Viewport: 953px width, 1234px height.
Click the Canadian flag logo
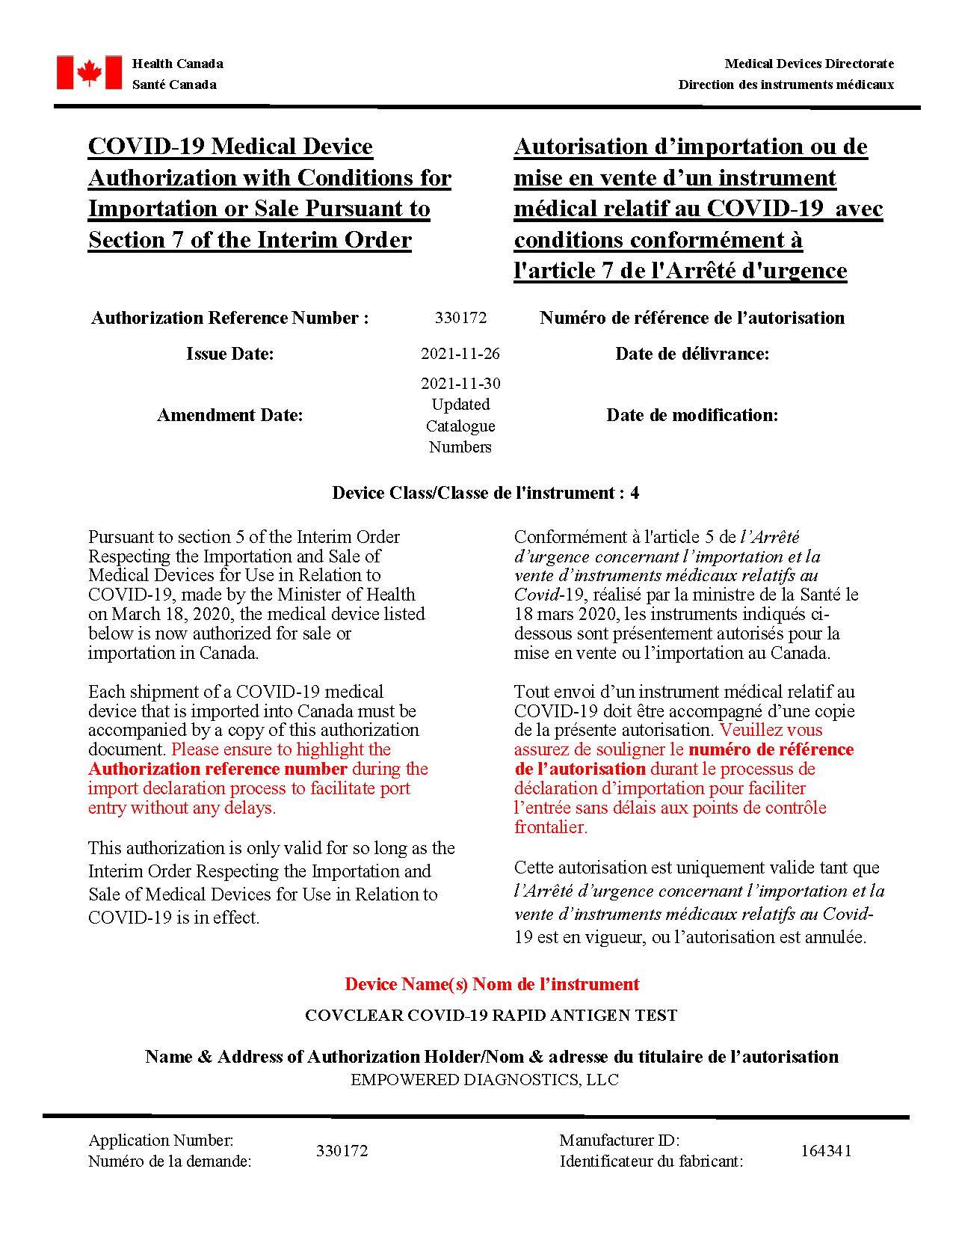click(89, 73)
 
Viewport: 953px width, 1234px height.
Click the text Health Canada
click(177, 64)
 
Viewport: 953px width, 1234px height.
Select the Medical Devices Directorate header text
click(809, 64)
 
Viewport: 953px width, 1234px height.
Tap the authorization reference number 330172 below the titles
click(460, 318)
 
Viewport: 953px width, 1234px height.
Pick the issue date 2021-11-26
click(460, 354)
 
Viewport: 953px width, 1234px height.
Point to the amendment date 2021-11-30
click(460, 384)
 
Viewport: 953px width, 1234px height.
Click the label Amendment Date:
click(229, 415)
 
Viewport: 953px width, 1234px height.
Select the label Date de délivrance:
click(692, 354)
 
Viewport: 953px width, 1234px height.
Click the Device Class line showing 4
click(485, 493)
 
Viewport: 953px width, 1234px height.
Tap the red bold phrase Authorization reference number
click(218, 769)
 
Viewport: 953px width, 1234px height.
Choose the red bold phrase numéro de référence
click(771, 749)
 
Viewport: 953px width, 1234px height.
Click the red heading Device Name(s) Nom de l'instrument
click(491, 984)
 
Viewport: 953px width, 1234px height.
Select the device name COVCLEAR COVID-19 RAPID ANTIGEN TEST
click(491, 1016)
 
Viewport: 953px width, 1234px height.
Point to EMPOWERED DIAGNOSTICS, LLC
click(484, 1080)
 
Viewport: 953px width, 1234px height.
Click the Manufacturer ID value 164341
click(826, 1151)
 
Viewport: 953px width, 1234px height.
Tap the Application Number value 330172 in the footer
click(342, 1151)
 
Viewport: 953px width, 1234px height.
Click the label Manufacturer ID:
click(619, 1141)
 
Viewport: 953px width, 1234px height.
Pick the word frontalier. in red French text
click(550, 827)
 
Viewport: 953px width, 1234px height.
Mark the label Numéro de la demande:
click(170, 1161)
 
